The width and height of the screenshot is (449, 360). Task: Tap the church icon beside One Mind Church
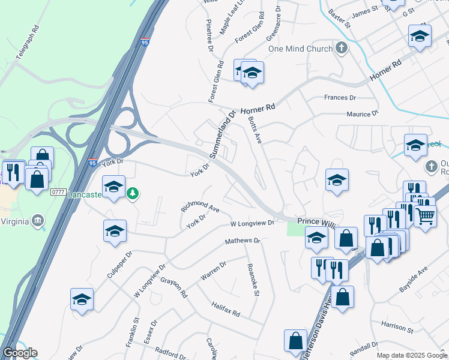341,48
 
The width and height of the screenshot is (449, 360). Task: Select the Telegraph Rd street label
27,42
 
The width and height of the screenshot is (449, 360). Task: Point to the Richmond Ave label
200,208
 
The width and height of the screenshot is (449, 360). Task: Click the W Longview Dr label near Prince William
252,223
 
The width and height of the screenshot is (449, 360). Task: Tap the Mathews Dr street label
243,241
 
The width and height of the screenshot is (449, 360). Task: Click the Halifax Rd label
225,310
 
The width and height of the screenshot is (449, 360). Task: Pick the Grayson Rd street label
174,286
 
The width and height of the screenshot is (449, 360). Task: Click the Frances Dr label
340,97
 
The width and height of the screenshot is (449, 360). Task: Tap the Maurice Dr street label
363,113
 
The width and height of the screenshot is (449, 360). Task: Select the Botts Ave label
255,130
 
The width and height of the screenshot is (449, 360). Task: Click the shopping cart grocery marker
425,215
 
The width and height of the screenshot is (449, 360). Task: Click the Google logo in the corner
20,353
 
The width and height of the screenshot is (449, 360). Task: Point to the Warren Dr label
214,270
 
